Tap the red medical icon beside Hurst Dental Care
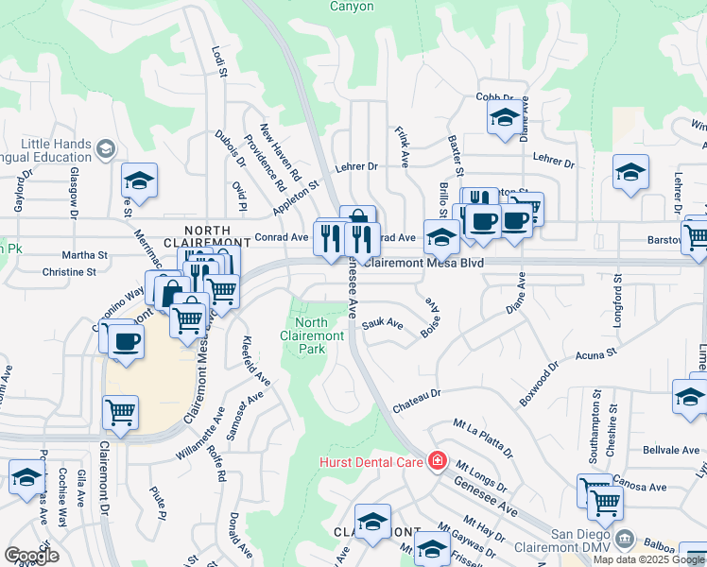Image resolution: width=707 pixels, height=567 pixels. click(437, 461)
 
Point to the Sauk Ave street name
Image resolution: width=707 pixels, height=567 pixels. click(382, 325)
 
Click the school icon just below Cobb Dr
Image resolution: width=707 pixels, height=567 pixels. click(504, 118)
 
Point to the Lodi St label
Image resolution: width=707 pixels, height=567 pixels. click(220, 60)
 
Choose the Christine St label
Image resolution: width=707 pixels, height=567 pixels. click(69, 272)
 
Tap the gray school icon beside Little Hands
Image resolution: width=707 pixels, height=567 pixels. click(105, 149)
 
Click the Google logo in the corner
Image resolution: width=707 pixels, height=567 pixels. click(32, 556)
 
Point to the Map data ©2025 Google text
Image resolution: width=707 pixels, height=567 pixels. click(647, 559)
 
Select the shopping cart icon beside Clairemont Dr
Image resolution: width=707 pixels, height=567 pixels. click(121, 411)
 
